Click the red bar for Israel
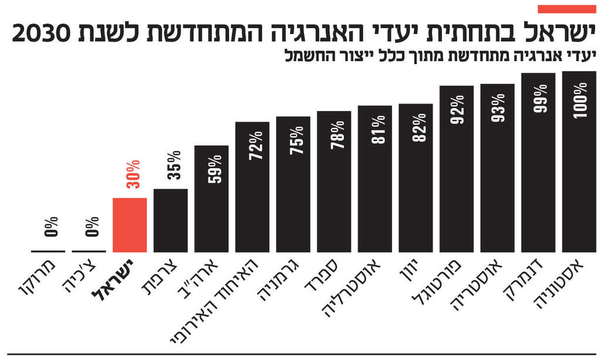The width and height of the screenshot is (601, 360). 130,225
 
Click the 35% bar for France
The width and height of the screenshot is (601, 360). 171,220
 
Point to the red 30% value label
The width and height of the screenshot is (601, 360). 133,174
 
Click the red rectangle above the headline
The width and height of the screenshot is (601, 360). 566,9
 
